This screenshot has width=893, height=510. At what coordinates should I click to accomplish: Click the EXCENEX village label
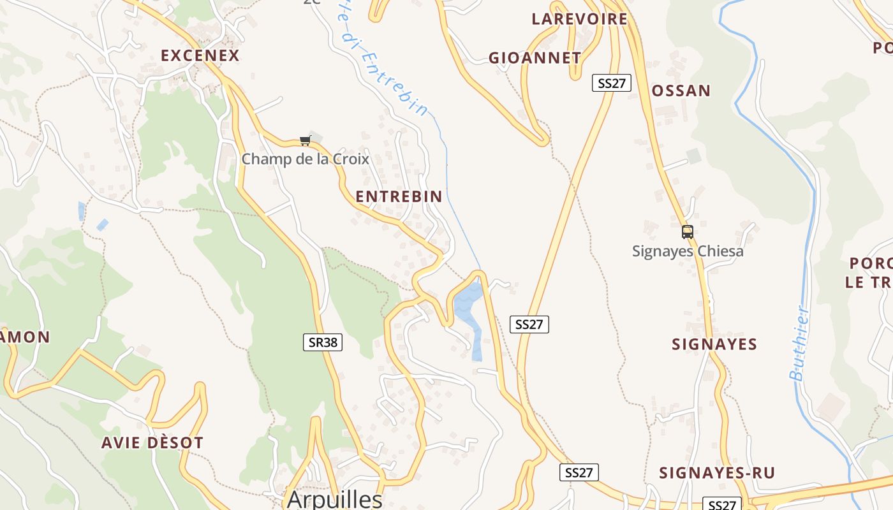tap(200, 55)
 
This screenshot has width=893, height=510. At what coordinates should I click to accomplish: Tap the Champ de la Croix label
tap(305, 159)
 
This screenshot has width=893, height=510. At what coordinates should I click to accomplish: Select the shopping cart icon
tap(305, 140)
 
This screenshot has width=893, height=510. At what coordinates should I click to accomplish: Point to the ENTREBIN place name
tap(399, 196)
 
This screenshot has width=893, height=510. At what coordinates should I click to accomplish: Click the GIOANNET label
tap(535, 58)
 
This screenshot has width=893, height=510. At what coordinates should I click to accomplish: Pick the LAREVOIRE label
tap(579, 19)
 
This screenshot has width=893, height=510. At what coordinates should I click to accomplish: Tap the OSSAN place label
tap(681, 91)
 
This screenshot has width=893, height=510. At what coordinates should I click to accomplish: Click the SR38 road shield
tap(322, 342)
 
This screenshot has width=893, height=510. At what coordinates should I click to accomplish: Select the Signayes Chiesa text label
tap(688, 251)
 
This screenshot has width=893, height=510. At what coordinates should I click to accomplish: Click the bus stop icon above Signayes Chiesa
tap(687, 232)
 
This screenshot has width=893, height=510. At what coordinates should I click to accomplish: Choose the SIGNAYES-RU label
tap(716, 473)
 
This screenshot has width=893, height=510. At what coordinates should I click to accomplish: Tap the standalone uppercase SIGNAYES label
tap(714, 344)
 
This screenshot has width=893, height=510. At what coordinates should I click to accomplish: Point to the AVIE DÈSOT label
tap(152, 442)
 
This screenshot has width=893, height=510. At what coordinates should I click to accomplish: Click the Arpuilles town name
tap(334, 499)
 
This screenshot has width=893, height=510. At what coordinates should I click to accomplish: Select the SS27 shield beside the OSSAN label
tap(611, 83)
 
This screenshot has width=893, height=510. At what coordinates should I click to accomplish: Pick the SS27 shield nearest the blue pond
tap(529, 324)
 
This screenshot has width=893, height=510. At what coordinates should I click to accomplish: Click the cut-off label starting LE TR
tap(868, 282)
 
